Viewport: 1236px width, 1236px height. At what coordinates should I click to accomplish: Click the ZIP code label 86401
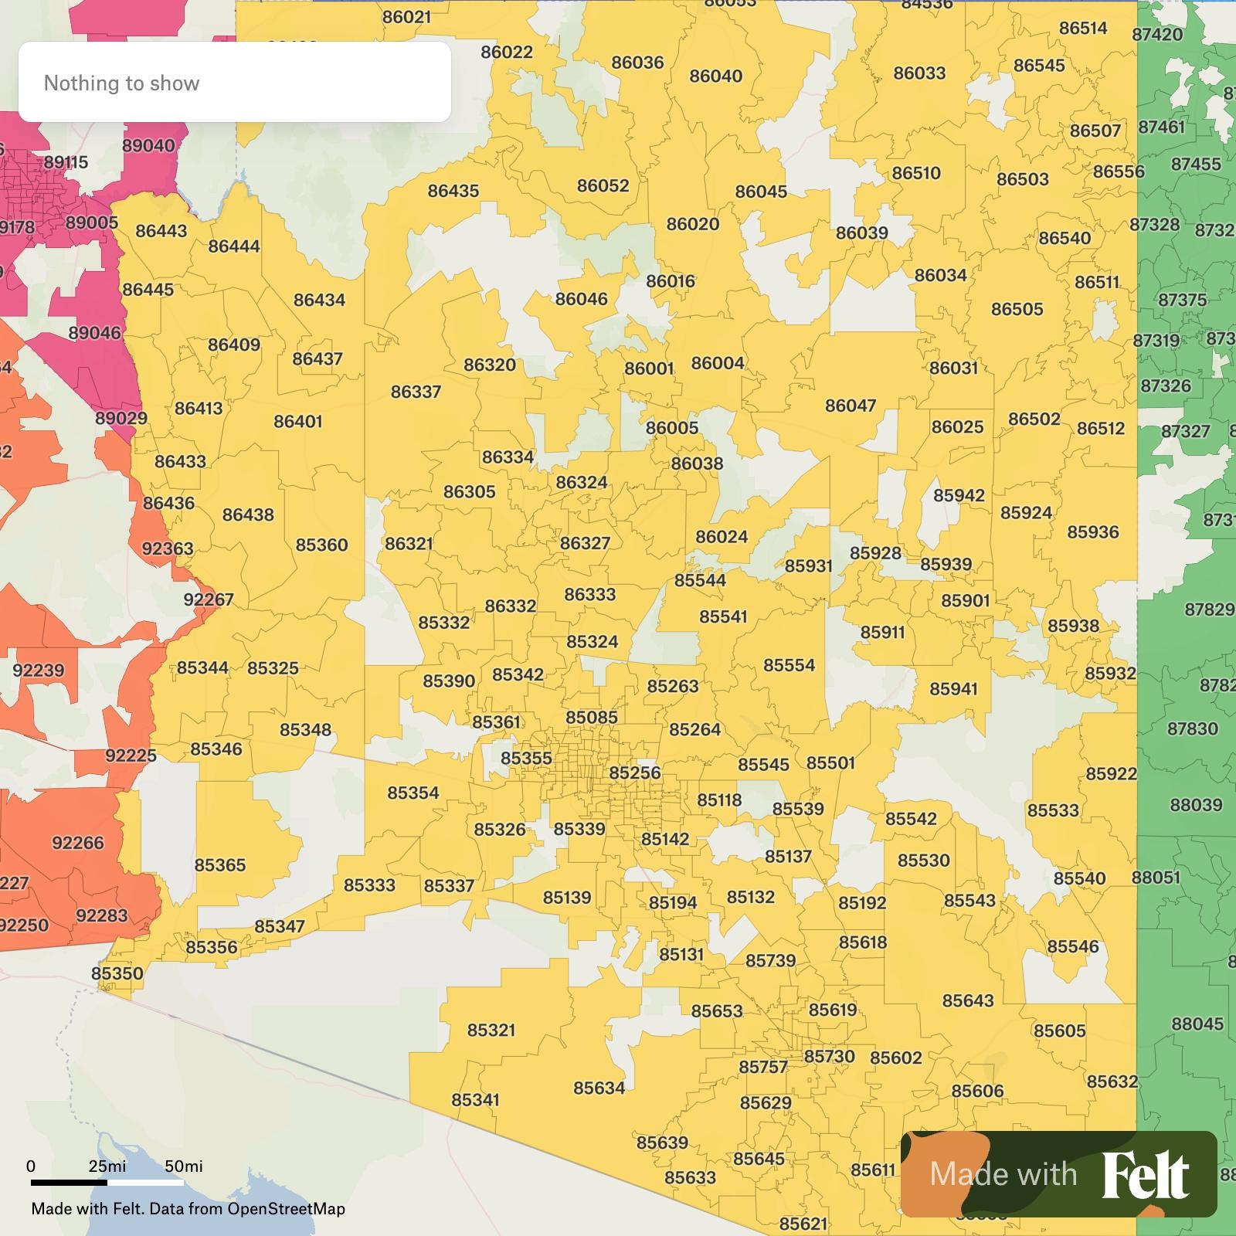pyautogui.click(x=297, y=422)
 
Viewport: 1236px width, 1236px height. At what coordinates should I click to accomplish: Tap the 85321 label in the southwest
pyautogui.click(x=491, y=1031)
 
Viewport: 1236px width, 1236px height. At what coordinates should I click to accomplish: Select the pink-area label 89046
pyautogui.click(x=94, y=333)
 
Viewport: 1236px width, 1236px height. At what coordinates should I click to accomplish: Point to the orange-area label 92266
pyautogui.click(x=77, y=843)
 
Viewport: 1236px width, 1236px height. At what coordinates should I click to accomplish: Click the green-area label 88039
pyautogui.click(x=1196, y=805)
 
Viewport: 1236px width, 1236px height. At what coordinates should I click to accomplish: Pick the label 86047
pyautogui.click(x=850, y=406)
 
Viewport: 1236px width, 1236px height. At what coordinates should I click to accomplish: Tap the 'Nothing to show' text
pyautogui.click(x=121, y=83)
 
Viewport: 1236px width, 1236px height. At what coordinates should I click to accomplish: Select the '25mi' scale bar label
pyautogui.click(x=107, y=1166)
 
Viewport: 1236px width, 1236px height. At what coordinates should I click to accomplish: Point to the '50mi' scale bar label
pyautogui.click(x=183, y=1166)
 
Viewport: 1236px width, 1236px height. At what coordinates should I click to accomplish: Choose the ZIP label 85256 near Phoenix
pyautogui.click(x=634, y=772)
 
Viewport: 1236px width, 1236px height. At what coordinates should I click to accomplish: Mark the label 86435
pyautogui.click(x=453, y=191)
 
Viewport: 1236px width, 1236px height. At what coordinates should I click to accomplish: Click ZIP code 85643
pyautogui.click(x=967, y=1001)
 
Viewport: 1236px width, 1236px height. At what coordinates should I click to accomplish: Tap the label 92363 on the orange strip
pyautogui.click(x=167, y=548)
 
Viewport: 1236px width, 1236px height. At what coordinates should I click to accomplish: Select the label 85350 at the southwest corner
pyautogui.click(x=117, y=973)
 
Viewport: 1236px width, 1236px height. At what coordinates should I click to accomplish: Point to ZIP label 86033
pyautogui.click(x=919, y=73)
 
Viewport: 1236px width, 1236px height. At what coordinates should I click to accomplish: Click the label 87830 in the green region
pyautogui.click(x=1192, y=728)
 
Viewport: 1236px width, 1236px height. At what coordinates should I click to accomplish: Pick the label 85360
pyautogui.click(x=321, y=545)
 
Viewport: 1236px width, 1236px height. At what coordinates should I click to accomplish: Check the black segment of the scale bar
pyautogui.click(x=69, y=1182)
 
